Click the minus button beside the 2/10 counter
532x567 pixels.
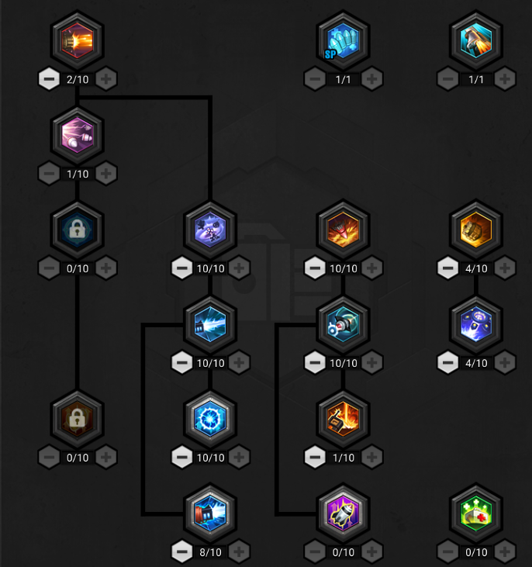49,79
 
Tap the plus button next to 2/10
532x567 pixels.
106,79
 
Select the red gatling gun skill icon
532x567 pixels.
78,40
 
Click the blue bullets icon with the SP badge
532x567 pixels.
344,40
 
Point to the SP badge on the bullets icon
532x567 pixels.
330,54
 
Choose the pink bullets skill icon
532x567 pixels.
78,135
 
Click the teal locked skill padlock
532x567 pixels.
77,229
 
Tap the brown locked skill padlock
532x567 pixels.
77,418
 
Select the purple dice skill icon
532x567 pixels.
210,230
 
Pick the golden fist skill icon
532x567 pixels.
476,230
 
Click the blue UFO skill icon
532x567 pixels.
476,324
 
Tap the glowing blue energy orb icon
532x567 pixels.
210,419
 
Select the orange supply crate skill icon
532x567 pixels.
344,419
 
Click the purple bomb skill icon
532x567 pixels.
344,513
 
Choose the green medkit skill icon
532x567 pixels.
476,513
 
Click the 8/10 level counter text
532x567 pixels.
210,552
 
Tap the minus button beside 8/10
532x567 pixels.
182,551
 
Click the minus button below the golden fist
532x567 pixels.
447,268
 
